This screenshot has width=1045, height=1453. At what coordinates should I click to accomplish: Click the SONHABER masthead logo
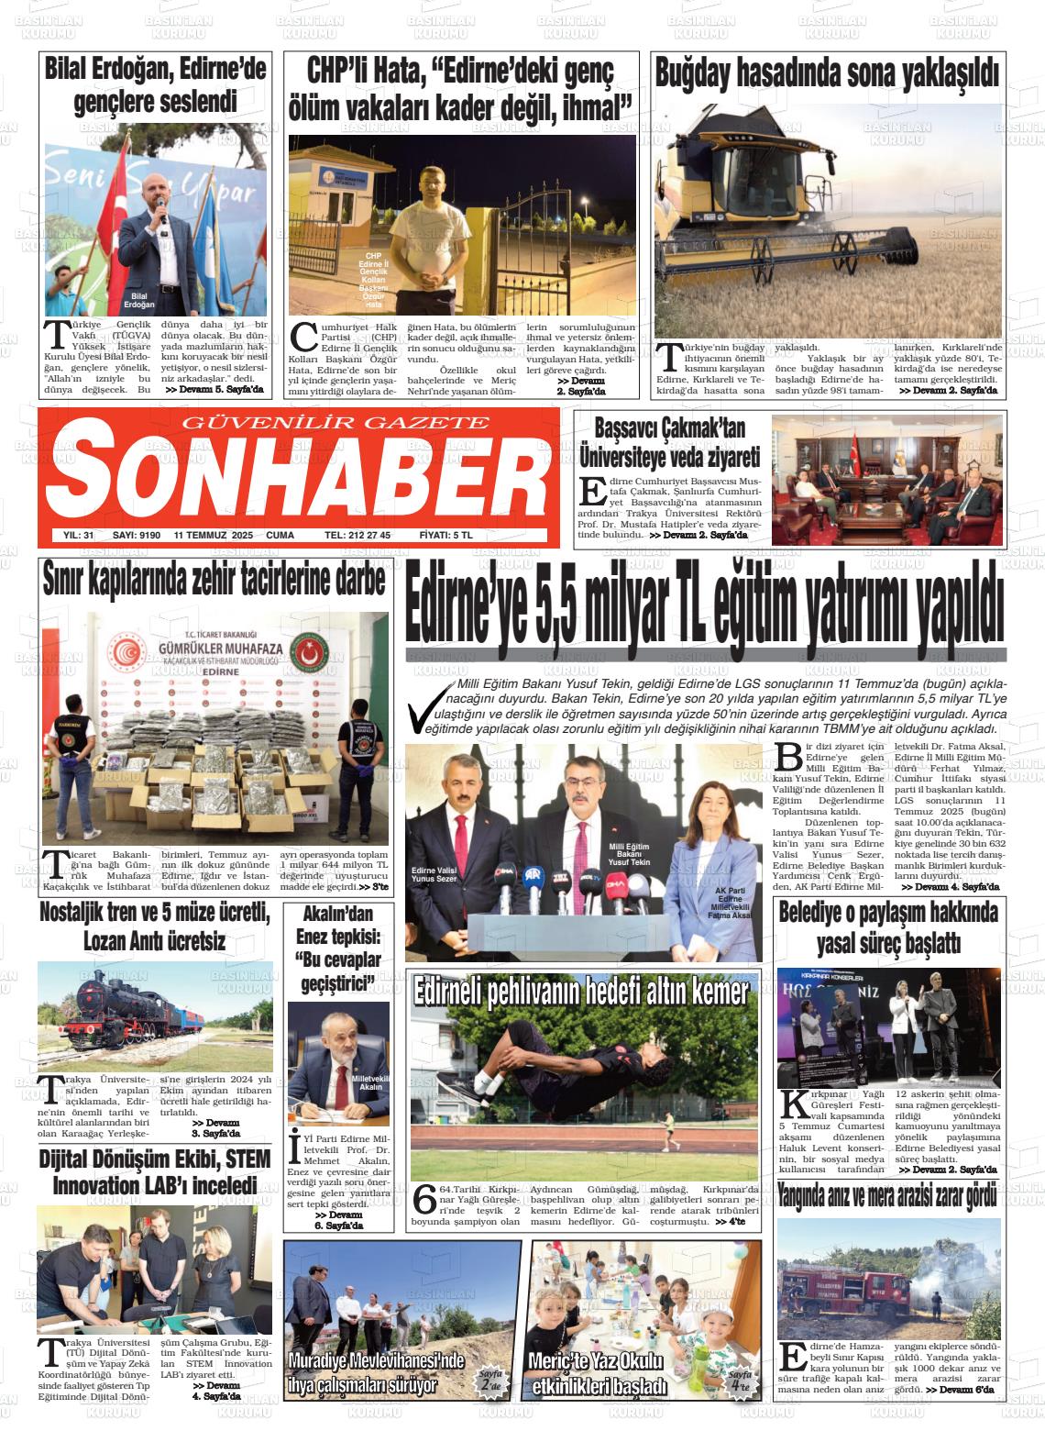pos(298,478)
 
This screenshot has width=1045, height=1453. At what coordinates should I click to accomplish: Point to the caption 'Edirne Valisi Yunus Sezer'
pos(434,873)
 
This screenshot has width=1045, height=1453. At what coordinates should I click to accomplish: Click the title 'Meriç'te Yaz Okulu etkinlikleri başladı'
pos(598,1372)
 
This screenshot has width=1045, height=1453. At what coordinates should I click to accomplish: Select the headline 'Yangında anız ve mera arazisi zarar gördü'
pos(886,1195)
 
